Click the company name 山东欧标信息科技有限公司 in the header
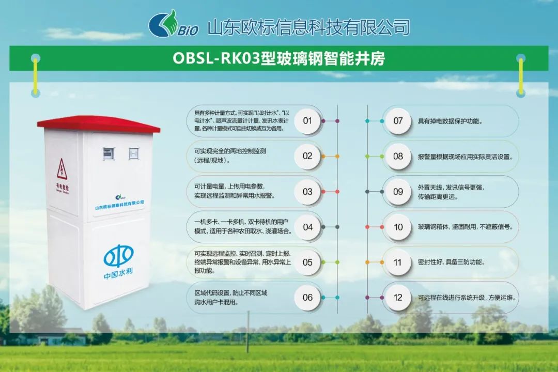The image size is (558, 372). click(x=308, y=27)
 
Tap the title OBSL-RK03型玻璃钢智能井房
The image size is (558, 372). click(x=278, y=58)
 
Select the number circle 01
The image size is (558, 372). click(x=307, y=121)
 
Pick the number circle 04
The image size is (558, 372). click(x=307, y=227)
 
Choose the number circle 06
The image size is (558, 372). click(x=307, y=298)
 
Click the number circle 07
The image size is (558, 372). click(x=398, y=121)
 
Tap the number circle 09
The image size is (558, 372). click(x=398, y=192)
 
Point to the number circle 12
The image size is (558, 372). click(x=398, y=298)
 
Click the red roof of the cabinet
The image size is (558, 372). click(x=99, y=123)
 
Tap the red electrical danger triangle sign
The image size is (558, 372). click(x=62, y=169)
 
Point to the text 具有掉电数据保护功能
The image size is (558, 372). click(x=450, y=121)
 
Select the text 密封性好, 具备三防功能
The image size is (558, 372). click(x=451, y=262)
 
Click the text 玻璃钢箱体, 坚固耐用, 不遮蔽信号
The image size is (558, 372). click(x=465, y=227)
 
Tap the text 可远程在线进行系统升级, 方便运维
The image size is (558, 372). click(x=467, y=298)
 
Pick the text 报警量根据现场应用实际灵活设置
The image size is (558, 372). click(x=465, y=157)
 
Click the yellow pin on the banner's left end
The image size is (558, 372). click(x=36, y=75)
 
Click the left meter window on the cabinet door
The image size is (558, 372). click(x=109, y=153)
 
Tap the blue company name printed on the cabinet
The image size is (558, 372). click(x=119, y=205)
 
